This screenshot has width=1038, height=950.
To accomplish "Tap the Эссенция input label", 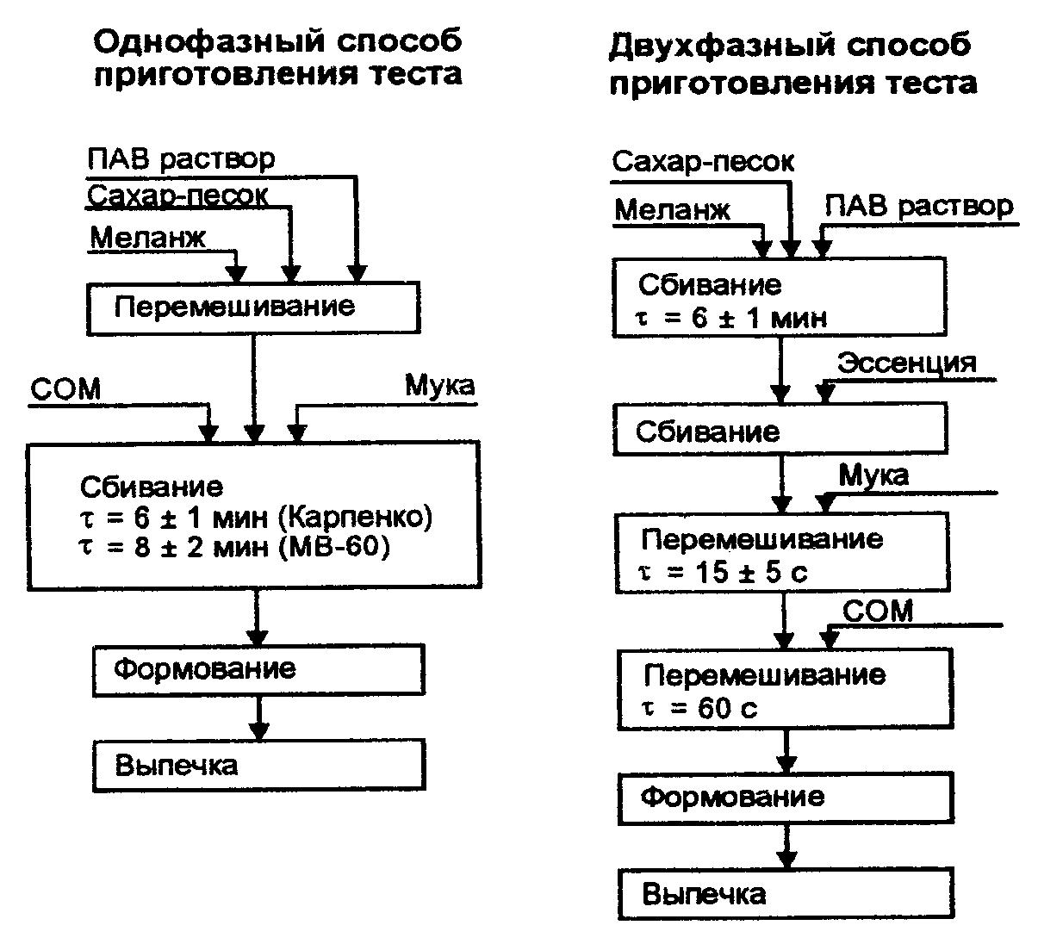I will (x=907, y=362).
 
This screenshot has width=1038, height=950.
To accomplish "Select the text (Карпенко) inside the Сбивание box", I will (x=356, y=518).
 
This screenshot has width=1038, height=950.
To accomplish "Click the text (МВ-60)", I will (x=335, y=547).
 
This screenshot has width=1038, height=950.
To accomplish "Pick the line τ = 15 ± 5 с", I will (x=724, y=572).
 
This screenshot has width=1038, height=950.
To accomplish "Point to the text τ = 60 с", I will (x=700, y=708).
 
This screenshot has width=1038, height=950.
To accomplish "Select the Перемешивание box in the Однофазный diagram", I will (x=253, y=307).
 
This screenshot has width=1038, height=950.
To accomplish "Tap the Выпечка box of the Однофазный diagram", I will (x=258, y=765).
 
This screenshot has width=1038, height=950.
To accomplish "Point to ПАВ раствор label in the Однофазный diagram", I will (x=182, y=158).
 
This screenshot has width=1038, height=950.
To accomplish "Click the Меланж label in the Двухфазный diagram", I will (x=673, y=209).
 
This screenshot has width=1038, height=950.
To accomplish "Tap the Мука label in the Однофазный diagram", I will (x=439, y=385).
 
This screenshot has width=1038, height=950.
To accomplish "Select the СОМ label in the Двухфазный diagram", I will (x=877, y=611).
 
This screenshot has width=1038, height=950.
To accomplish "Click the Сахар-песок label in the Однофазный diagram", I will (x=177, y=196).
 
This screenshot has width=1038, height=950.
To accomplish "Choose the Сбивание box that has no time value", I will (x=780, y=431).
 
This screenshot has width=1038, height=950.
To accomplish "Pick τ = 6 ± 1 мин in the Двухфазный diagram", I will (x=731, y=318).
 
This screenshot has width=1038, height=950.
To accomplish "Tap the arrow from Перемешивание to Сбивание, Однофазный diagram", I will (x=253, y=388).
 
